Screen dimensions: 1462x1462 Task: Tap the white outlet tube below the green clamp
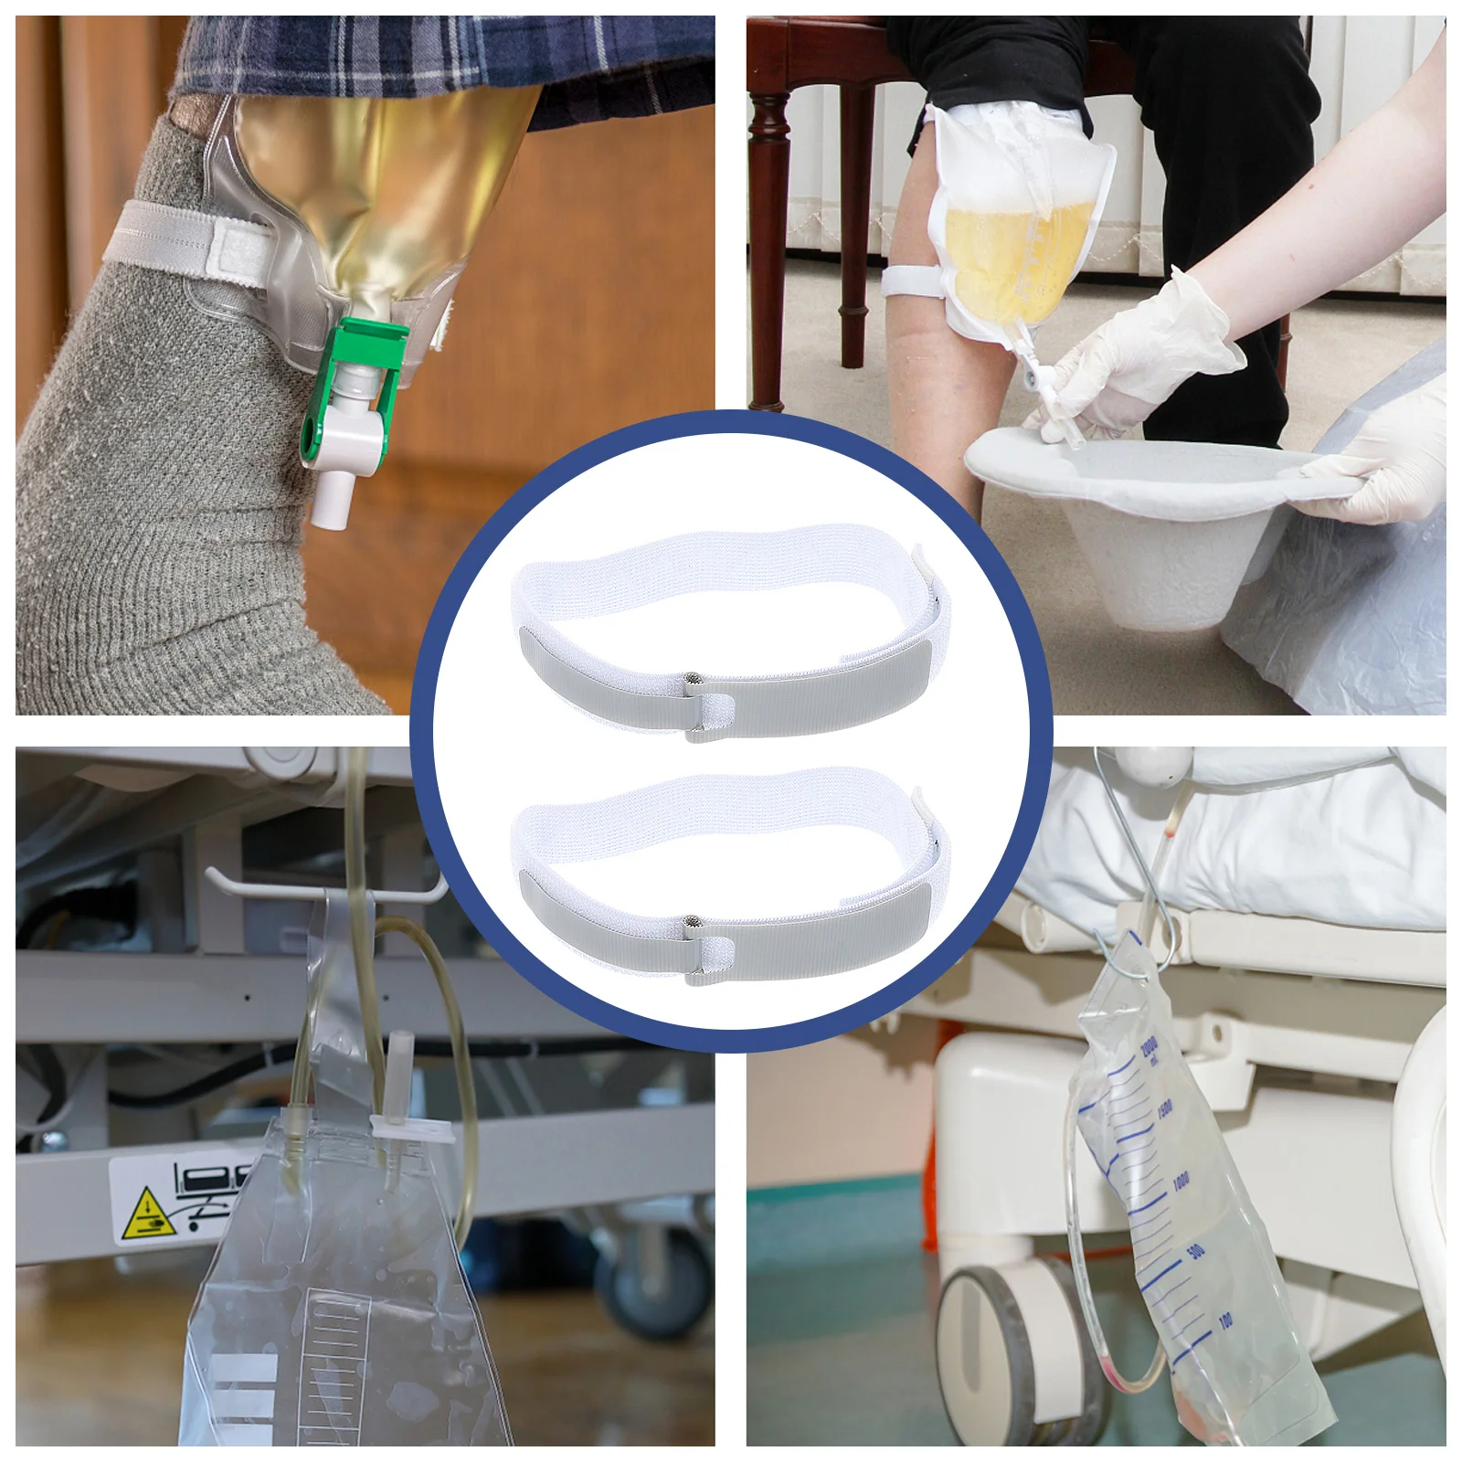pos(329,498)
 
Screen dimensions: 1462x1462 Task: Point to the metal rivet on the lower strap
pos(693,923)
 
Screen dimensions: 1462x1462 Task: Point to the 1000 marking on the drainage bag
pos(1181,1182)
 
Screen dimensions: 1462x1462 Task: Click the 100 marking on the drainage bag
pos(1224,1319)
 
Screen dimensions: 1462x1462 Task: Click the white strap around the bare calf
pos(914,279)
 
